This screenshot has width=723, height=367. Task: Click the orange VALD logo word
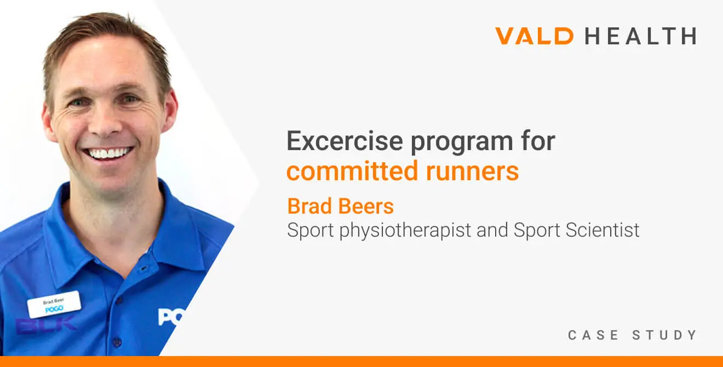(x=534, y=36)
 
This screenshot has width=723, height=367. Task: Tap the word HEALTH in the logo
(x=641, y=36)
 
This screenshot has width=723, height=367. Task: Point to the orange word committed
(x=353, y=171)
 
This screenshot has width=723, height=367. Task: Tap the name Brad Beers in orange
(x=341, y=206)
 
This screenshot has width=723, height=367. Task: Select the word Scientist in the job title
(x=602, y=230)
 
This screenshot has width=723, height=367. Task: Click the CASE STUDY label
(x=632, y=335)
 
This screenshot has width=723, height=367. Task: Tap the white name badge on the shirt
(x=54, y=304)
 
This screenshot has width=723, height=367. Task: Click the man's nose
(x=105, y=122)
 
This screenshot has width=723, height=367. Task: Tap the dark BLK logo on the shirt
(x=47, y=325)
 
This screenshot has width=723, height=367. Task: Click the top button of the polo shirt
(x=144, y=268)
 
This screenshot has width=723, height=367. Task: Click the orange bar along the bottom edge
(x=361, y=362)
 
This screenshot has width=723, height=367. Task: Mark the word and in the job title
(x=492, y=230)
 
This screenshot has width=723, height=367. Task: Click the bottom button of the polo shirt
(x=117, y=342)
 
